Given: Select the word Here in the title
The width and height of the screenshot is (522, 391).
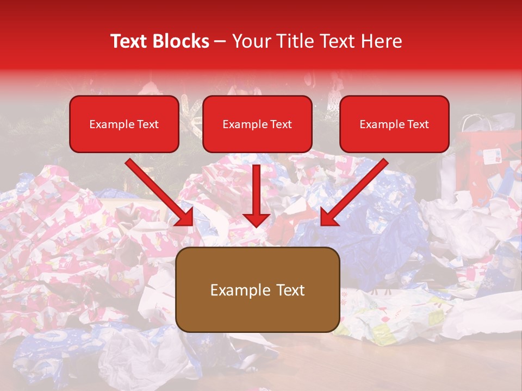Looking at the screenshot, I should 381,41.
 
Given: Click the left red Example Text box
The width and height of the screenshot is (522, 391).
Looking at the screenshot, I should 124,124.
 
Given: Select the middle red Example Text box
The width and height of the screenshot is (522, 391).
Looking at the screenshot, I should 257,124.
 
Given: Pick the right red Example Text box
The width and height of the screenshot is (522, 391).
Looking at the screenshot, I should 394,124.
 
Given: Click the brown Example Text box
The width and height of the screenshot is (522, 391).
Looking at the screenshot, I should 257,290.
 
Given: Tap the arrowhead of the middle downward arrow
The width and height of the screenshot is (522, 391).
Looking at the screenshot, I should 256,219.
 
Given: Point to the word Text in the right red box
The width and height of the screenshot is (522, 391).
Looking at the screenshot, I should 418,124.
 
